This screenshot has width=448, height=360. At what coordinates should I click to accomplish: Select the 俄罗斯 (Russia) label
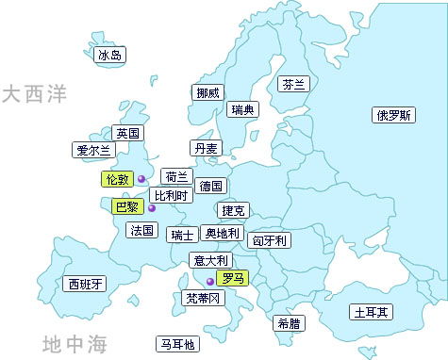pos(393,116)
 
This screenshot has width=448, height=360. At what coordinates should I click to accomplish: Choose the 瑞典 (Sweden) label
pos(242,110)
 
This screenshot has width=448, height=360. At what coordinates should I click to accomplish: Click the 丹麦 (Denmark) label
pos(206,148)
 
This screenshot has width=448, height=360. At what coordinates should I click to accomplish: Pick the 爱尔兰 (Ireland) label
pos(92,149)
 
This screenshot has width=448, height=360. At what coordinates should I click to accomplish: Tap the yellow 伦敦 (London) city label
pos(117,178)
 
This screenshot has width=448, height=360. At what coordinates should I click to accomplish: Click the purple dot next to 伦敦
pos(141,178)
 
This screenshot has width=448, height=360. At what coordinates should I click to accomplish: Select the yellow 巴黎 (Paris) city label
pos(125,205)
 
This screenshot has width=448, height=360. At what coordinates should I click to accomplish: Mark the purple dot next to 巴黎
pos(151,208)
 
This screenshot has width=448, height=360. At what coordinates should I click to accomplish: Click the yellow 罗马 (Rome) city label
pos(231,278)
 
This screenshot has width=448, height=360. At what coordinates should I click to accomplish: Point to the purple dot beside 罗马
pos(209,280)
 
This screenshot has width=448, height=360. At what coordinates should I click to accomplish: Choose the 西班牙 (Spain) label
pos(85,284)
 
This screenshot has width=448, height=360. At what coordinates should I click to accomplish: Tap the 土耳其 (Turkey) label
pos(373,311)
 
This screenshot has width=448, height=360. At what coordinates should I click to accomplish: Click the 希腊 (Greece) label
pos(289,323)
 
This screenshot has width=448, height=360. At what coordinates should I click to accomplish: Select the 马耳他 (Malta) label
pos(177,344)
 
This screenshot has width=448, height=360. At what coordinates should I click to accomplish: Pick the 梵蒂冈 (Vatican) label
pos(203,298)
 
